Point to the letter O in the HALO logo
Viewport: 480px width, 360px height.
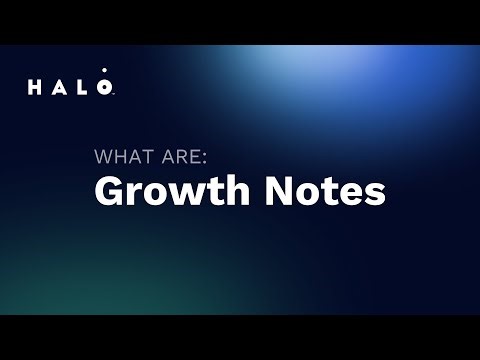pos(108,88)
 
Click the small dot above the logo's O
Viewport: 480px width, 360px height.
pos(108,75)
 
